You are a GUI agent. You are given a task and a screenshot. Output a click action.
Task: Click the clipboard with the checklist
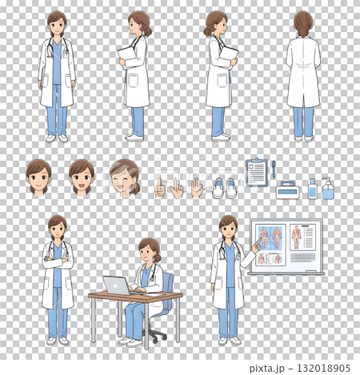pyautogui.click(x=257, y=172)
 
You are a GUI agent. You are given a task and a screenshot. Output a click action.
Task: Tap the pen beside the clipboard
pyautogui.click(x=273, y=169)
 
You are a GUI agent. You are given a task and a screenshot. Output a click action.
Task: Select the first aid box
pyautogui.click(x=287, y=190)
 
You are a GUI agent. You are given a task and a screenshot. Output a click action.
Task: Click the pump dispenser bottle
pyautogui.click(x=328, y=189)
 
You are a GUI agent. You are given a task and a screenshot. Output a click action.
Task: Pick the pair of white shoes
pyautogui.click(x=224, y=189)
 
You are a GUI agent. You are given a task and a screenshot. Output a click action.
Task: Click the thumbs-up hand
pyautogui.click(x=160, y=188)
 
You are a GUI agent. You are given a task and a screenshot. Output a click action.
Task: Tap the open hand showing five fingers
pyautogui.click(x=196, y=187)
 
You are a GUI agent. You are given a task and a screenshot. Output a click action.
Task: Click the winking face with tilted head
pyautogui.click(x=124, y=176)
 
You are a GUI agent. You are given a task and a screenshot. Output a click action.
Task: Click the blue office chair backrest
pyautogui.click(x=167, y=287)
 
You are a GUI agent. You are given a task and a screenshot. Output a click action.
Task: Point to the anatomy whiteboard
pyautogui.click(x=286, y=246)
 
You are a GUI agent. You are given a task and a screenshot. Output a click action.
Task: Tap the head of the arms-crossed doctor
pyautogui.click(x=57, y=225)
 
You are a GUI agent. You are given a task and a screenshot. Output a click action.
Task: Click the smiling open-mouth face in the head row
pyautogui.click(x=81, y=176)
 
